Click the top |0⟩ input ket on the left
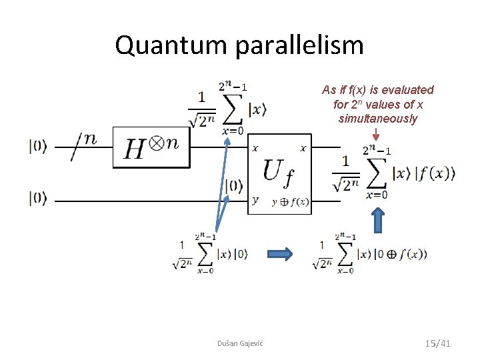[x=38, y=147]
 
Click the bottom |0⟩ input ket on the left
[x=38, y=198]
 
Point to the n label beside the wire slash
[x=89, y=139]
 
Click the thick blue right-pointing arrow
[x=280, y=253]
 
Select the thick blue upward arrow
[x=377, y=219]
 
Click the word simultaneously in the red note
[x=377, y=119]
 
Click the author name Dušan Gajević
[x=240, y=343]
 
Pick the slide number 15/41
[x=437, y=343]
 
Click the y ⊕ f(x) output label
[x=290, y=202]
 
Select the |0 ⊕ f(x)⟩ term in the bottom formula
[x=400, y=254]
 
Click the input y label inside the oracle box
[x=255, y=199]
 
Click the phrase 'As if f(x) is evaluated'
[x=377, y=90]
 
